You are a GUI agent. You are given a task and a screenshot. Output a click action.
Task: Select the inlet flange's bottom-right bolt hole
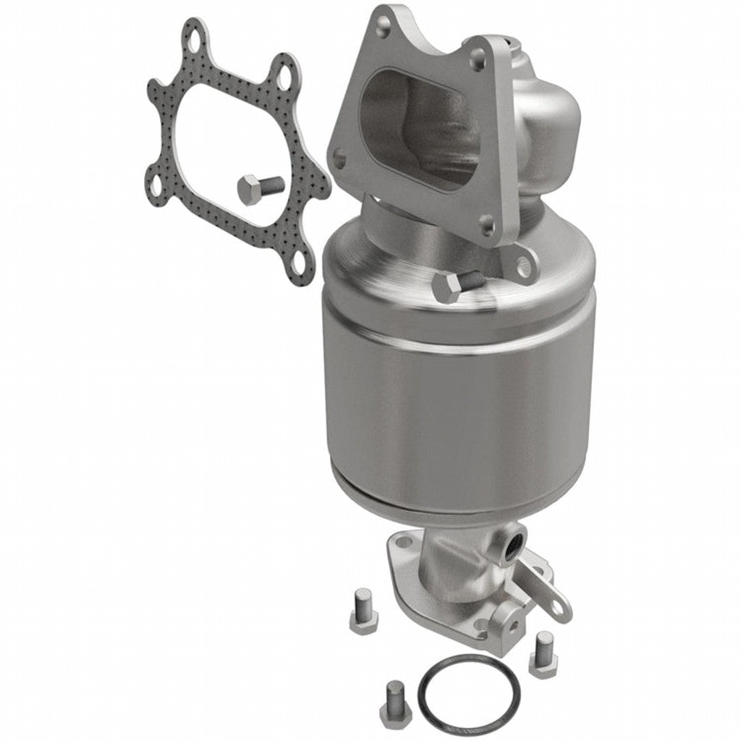[x=487, y=222]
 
